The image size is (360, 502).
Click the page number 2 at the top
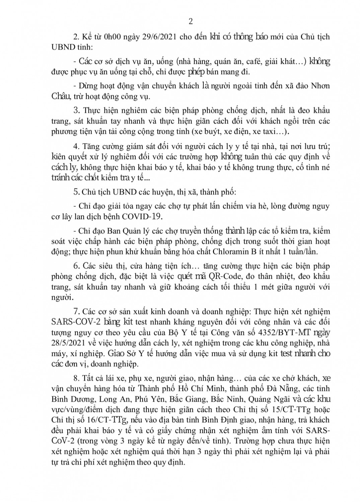coord(191,22)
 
